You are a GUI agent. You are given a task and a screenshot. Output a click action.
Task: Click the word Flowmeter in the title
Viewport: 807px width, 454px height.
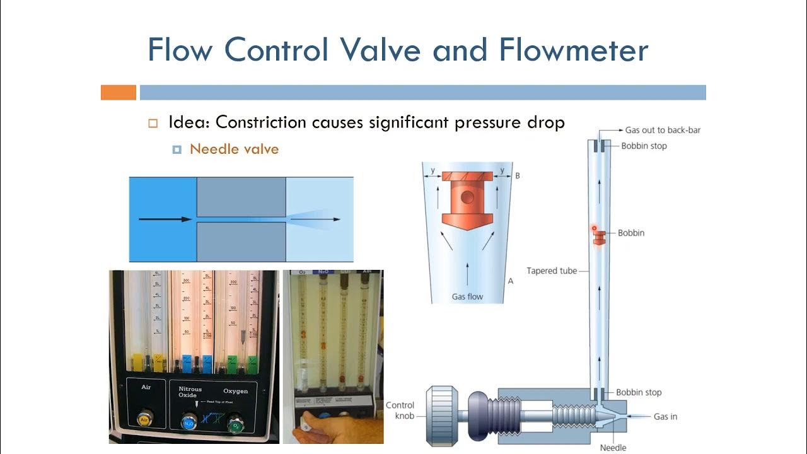[573, 49]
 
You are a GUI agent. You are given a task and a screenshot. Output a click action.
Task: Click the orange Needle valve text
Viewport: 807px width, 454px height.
[234, 149]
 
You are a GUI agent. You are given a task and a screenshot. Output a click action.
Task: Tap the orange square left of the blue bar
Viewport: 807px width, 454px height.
[119, 93]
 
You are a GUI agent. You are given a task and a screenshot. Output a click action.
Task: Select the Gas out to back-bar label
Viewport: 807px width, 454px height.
[663, 130]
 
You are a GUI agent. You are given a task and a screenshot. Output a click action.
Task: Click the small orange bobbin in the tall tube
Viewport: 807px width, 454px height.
[599, 236]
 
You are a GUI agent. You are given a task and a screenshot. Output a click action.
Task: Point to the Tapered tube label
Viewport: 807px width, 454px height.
[552, 271]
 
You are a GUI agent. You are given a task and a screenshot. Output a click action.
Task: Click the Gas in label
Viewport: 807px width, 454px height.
[665, 417]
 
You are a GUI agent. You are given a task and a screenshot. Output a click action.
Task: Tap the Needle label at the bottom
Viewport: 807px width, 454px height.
[613, 448]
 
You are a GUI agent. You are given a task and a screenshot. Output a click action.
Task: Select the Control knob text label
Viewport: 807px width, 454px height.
[400, 410]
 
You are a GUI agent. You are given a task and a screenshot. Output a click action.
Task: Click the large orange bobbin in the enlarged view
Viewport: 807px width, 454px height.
[467, 199]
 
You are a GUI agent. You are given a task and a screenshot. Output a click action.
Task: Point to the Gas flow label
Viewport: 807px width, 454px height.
[467, 296]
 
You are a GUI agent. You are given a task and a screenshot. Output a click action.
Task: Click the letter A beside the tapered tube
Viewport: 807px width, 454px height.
[511, 281]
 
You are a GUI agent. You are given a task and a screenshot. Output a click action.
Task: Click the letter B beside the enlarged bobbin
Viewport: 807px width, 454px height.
[518, 175]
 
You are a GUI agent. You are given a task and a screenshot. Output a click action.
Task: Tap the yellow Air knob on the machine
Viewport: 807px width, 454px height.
[144, 419]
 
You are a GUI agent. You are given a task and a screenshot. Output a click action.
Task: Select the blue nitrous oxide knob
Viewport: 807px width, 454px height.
[189, 422]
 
